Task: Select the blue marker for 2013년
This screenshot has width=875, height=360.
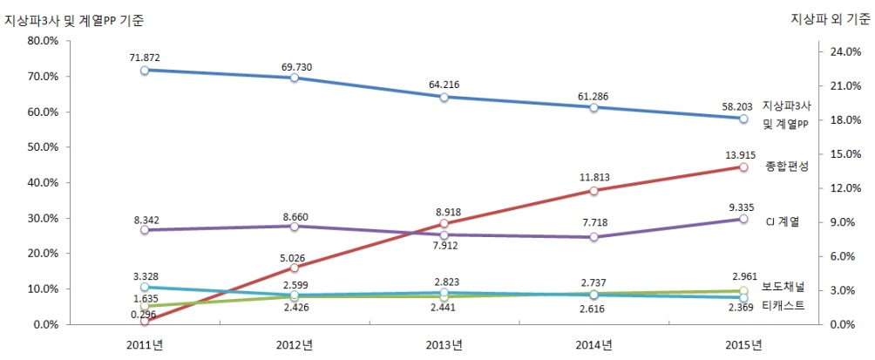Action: click(444, 97)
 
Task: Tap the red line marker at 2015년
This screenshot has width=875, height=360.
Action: click(743, 166)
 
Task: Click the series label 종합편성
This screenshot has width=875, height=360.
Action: click(785, 166)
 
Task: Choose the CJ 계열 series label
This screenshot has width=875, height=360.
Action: click(788, 221)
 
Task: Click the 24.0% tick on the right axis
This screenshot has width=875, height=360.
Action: click(844, 51)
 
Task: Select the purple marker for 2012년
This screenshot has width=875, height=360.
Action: click(294, 226)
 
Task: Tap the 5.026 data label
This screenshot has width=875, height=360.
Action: click(293, 257)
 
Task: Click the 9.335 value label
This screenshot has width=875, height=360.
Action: click(743, 207)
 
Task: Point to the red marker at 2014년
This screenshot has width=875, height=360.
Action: click(594, 190)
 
